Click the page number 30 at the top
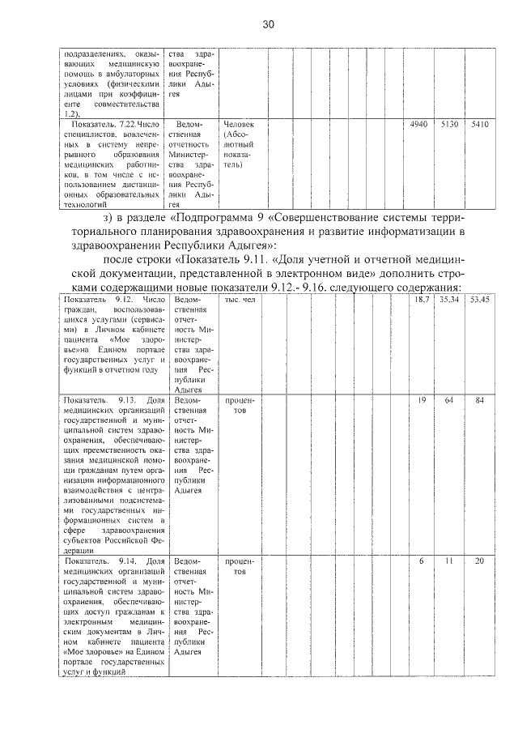[x=269, y=25]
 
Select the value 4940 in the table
[x=418, y=124]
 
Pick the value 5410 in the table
[x=480, y=124]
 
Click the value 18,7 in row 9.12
[x=422, y=300]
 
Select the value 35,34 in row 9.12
[x=449, y=300]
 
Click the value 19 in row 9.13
[x=422, y=400]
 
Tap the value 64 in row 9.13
[x=449, y=400]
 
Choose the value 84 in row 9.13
[x=480, y=400]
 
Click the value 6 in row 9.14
[x=422, y=560]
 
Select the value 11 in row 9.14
[x=449, y=560]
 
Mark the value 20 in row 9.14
[x=480, y=560]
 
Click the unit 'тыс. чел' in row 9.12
[x=240, y=300]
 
